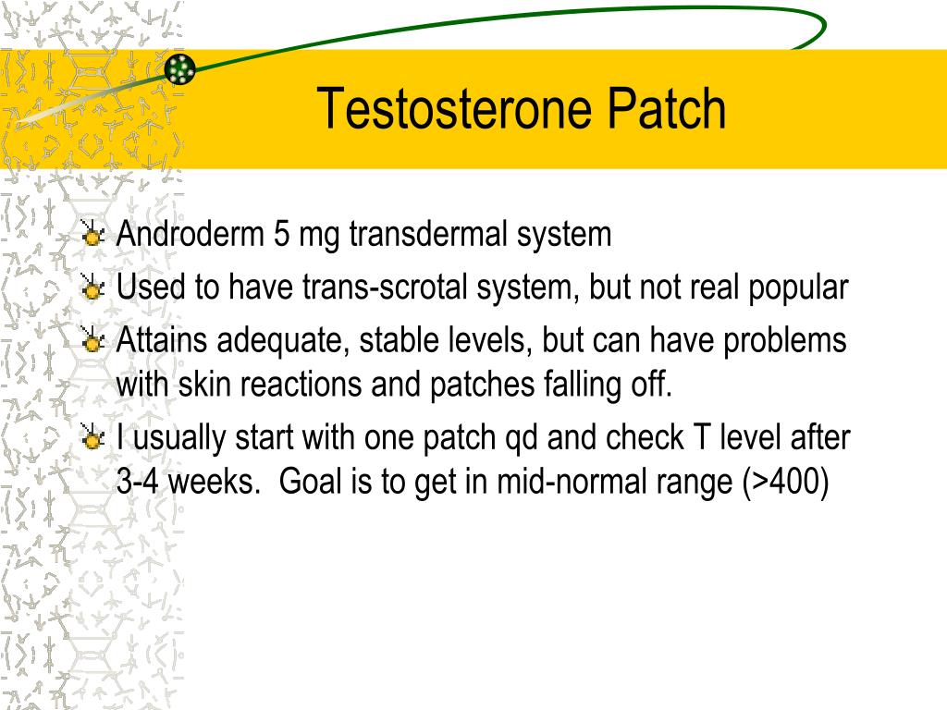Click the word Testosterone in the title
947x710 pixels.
pyautogui.click(x=454, y=109)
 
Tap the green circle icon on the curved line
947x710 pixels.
pyautogui.click(x=180, y=68)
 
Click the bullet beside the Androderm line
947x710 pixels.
pyautogui.click(x=92, y=236)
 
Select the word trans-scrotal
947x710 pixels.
pyautogui.click(x=384, y=288)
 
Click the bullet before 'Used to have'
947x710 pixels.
pyautogui.click(x=92, y=289)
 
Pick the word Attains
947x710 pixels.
pyautogui.click(x=162, y=340)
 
